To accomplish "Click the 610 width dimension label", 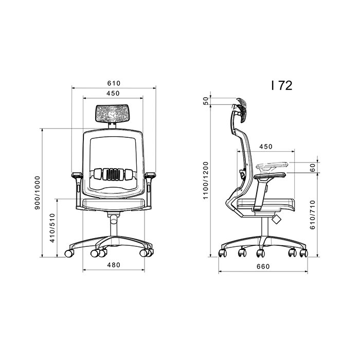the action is (x=114, y=83).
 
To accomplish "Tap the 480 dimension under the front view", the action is (x=114, y=265).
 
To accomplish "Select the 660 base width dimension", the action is (x=263, y=266).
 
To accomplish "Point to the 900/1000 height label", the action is (x=37, y=193).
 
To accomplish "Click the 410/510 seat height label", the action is (x=52, y=228).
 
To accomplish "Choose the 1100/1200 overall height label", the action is (x=206, y=181).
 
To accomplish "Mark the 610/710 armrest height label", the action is (x=313, y=214).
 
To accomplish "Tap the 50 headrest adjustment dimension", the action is (x=206, y=101).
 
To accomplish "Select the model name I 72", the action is (x=282, y=85).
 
